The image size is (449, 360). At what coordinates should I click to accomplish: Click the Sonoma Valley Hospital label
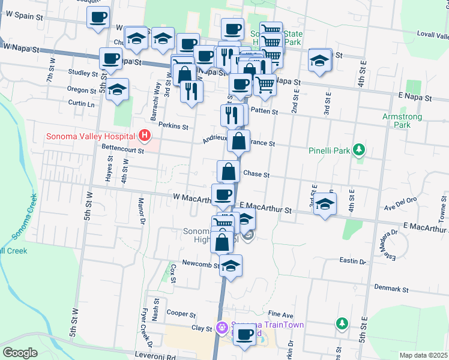(x=91, y=136)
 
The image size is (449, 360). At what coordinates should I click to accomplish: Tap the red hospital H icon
(x=144, y=136)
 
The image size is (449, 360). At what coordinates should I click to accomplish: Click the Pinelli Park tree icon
(x=359, y=149)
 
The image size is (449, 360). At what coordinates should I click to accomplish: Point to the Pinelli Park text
(x=330, y=150)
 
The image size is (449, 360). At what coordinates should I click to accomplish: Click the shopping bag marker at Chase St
(x=229, y=172)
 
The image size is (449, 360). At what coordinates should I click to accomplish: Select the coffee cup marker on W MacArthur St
(x=223, y=195)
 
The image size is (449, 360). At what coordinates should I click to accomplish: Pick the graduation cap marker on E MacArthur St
(x=325, y=204)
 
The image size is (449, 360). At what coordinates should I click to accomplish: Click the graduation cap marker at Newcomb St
(x=231, y=266)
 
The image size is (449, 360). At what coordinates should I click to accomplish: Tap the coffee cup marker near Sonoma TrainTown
(x=244, y=335)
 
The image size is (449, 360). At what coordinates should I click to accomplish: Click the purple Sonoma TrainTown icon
(x=221, y=327)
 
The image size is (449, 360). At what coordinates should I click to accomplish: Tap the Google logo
(x=20, y=353)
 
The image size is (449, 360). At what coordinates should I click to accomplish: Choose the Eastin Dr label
(x=352, y=261)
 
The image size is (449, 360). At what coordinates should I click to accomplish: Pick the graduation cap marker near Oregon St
(x=118, y=90)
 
